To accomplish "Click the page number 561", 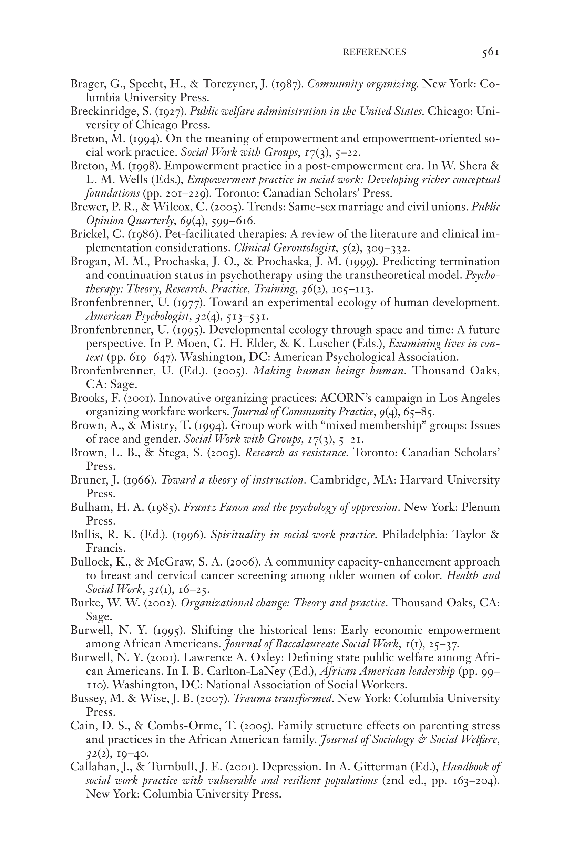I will click(490, 52).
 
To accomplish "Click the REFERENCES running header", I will click(374, 52).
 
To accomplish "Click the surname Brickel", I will click(86, 234).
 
